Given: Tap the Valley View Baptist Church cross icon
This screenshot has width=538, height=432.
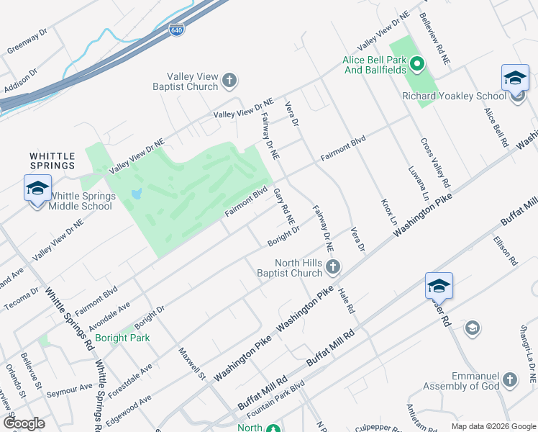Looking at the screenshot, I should click(x=229, y=80).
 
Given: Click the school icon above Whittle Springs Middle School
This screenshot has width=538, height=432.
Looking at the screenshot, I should click(x=37, y=189).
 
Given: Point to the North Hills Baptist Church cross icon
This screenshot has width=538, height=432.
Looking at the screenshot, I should click(x=332, y=268).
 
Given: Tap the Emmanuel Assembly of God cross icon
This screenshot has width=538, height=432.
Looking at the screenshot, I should click(x=510, y=379).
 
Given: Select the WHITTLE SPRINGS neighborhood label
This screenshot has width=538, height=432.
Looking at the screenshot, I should click(x=53, y=160).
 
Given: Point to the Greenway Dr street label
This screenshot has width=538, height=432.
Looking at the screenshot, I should click(x=26, y=42).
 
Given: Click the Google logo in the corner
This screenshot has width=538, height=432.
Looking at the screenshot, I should click(x=23, y=423).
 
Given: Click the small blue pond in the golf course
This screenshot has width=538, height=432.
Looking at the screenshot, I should click(x=136, y=194).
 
